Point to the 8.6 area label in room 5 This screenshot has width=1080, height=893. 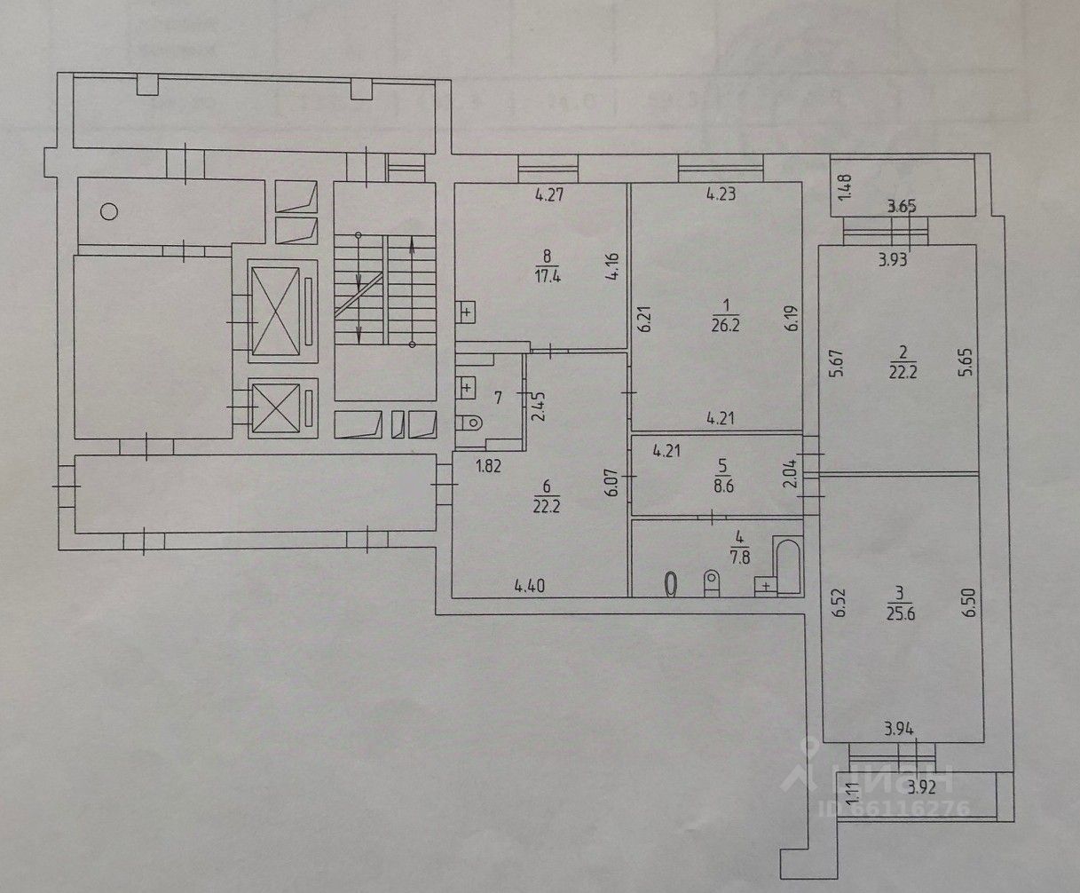click(x=721, y=486)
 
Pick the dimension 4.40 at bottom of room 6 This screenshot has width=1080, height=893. click(x=530, y=585)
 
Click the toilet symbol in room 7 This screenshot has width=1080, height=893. click(x=471, y=423)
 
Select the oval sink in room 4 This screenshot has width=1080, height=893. click(x=672, y=583)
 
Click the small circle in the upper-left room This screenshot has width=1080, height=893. click(x=108, y=211)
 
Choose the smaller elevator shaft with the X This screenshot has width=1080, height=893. click(x=276, y=408)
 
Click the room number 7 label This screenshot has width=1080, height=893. click(x=499, y=397)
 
